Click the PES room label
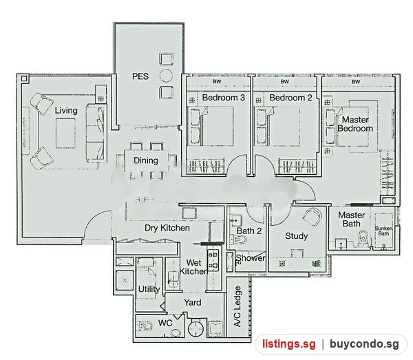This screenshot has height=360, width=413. (x=140, y=76)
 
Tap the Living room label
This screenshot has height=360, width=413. (x=66, y=110)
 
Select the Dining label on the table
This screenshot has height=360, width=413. (x=146, y=160)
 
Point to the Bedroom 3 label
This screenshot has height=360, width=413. (x=224, y=98)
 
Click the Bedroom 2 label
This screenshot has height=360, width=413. (x=290, y=98)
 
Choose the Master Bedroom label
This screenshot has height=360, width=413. (x=355, y=124)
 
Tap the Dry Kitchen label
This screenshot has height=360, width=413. (x=167, y=228)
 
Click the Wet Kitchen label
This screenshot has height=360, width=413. (x=193, y=267)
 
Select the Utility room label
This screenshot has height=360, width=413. (x=149, y=289)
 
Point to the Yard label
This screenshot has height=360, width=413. (x=193, y=302)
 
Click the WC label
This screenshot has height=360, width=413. (x=165, y=323)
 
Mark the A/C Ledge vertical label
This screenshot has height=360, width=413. (x=237, y=306)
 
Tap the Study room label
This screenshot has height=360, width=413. (x=296, y=236)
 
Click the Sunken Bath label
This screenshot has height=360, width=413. (x=383, y=231)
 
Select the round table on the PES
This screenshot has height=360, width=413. (x=166, y=76)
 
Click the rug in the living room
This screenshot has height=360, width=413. (x=65, y=134)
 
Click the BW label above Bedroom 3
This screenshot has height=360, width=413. (x=217, y=82)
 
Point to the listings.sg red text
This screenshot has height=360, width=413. (x=288, y=344)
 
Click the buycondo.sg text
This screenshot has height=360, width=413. (x=364, y=343)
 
